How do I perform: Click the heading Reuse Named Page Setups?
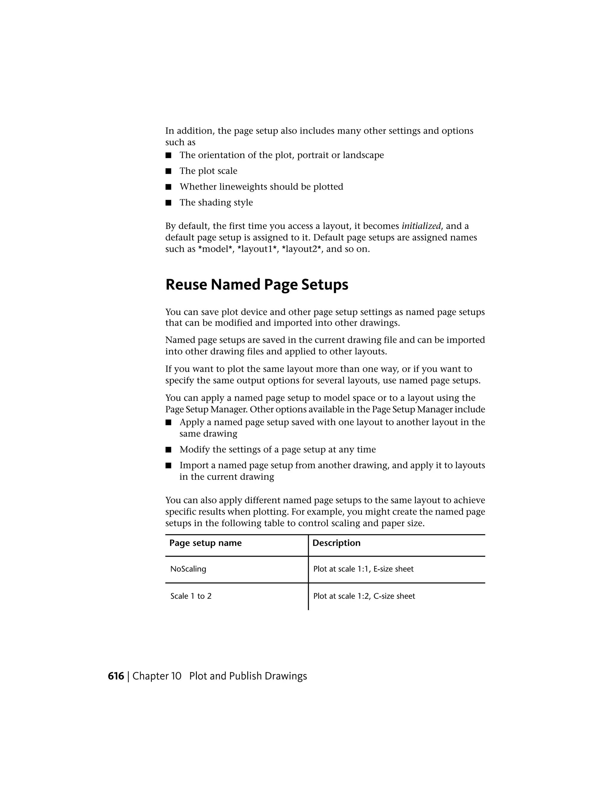click(x=257, y=285)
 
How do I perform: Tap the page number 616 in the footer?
click(x=116, y=676)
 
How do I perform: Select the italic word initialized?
click(x=421, y=226)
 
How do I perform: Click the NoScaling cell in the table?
click(x=188, y=569)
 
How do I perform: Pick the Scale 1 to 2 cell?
click(x=191, y=596)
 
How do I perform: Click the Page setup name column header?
click(x=205, y=543)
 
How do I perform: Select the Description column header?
click(x=336, y=543)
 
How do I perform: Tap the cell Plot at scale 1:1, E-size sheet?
click(x=363, y=569)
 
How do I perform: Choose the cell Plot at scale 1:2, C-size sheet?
click(x=364, y=596)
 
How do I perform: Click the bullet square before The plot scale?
click(x=168, y=171)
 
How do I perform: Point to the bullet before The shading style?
click(x=168, y=203)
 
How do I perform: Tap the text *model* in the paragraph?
click(x=215, y=250)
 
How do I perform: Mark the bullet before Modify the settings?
click(x=168, y=450)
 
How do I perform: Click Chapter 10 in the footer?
click(x=157, y=676)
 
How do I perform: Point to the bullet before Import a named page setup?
click(x=168, y=466)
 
